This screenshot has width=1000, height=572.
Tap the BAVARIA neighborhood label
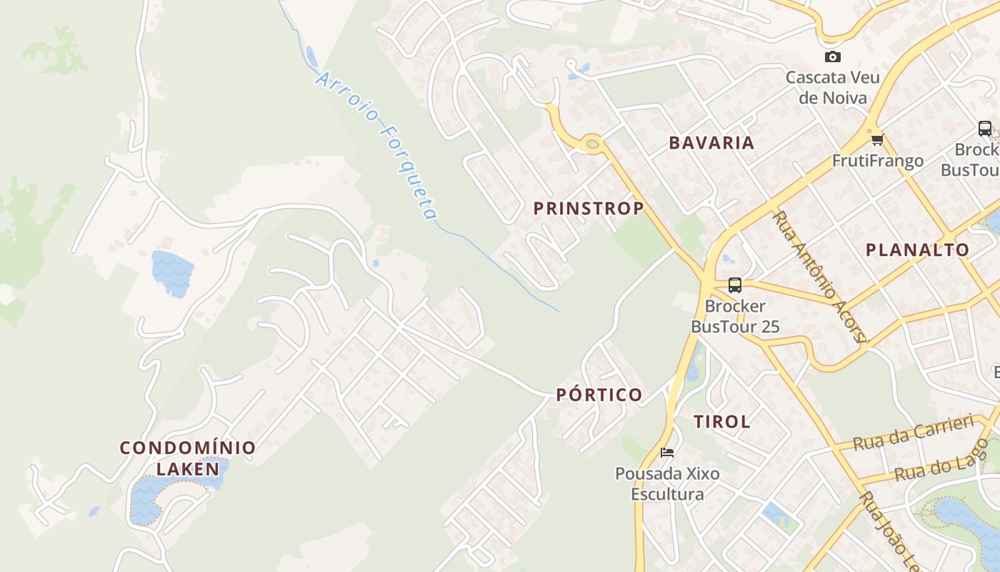711,142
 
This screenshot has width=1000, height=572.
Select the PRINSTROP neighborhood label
589,208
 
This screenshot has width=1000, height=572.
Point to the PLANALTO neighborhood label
917,250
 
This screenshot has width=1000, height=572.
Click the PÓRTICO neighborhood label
599,395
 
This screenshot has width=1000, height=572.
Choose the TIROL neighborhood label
721,422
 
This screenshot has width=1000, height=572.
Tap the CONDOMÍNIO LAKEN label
188,458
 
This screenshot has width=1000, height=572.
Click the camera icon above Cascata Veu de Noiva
832,57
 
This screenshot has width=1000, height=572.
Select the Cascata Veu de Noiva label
832,87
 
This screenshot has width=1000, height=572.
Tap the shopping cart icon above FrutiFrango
877,139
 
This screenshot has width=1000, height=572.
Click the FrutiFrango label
877,161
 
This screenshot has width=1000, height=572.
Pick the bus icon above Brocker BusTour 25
734,285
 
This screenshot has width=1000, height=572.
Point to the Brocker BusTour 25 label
734,316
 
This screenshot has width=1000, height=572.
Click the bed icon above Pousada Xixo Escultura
667,452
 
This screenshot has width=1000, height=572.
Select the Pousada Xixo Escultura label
667,483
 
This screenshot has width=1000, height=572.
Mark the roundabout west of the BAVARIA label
592,144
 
